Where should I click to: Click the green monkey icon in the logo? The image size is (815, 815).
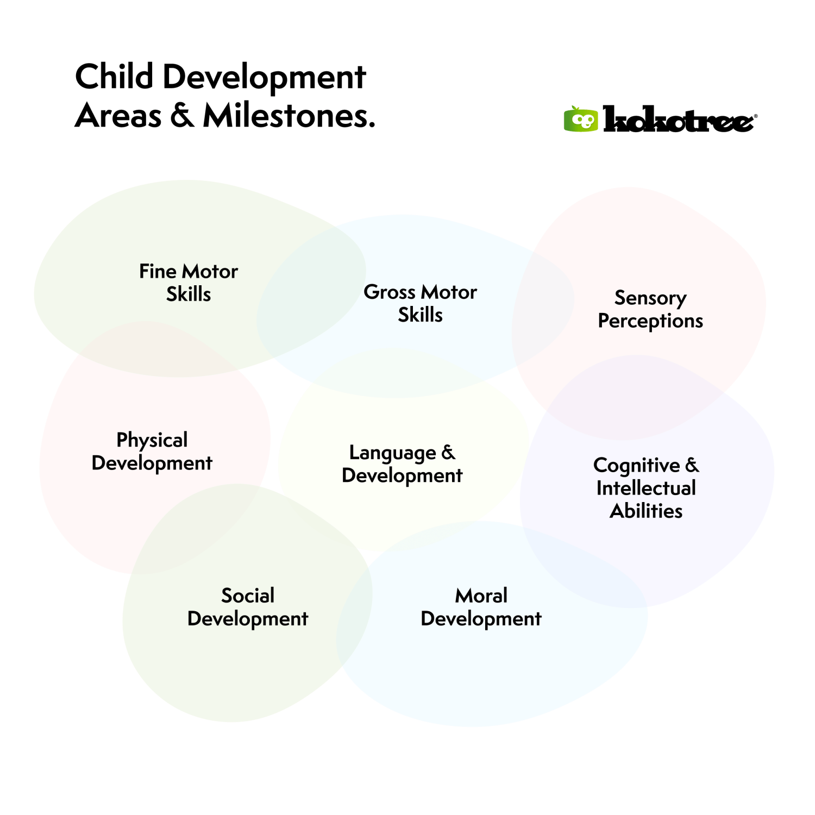pos(581,119)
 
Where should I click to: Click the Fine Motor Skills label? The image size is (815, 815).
pos(189,283)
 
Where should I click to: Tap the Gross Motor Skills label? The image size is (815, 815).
pos(420,303)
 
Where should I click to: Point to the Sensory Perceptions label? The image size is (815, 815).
pos(650,309)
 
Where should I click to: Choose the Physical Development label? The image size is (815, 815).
pos(152,452)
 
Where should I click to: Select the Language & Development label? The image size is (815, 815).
pos(402,464)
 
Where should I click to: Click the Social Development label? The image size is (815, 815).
pos(248,607)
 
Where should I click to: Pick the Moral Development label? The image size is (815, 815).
pos(481,607)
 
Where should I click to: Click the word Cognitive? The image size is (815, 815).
pos(636,466)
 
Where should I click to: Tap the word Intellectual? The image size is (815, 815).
pos(646,488)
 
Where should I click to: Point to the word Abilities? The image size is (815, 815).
pos(646,511)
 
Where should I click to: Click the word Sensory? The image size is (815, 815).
pos(650,298)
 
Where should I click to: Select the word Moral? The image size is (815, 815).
pos(481,595)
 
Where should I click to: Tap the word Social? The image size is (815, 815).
pos(248,595)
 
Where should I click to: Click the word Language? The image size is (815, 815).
pos(392,453)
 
